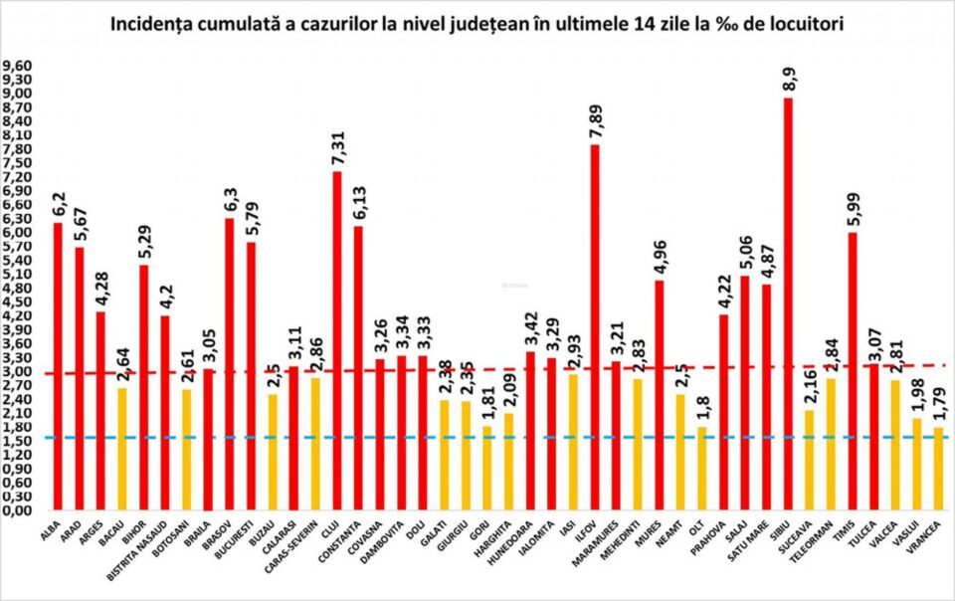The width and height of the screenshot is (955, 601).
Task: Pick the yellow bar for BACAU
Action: click(x=121, y=449)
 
